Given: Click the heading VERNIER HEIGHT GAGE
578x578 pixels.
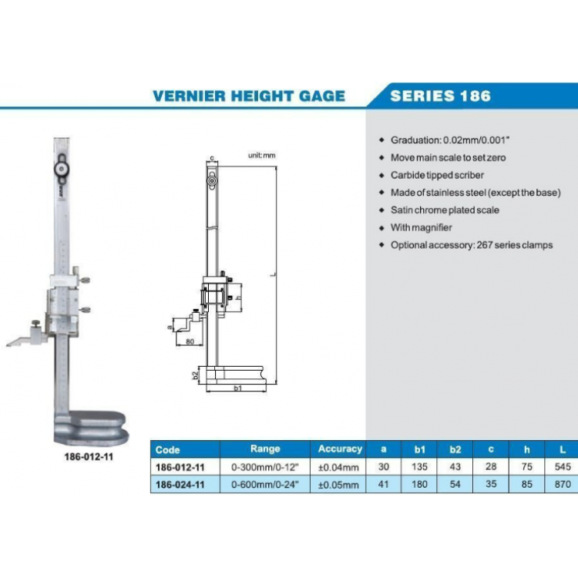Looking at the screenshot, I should click(x=248, y=96).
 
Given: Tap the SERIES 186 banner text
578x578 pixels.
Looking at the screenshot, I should click(x=440, y=96).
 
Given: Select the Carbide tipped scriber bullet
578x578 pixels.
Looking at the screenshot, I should click(x=437, y=175).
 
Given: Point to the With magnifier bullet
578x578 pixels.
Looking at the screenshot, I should click(x=421, y=227).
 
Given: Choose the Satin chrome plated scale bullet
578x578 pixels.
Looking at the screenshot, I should click(x=445, y=210).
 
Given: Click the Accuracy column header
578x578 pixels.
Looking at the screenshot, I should click(x=339, y=449).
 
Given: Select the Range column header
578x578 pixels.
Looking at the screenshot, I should click(x=265, y=449).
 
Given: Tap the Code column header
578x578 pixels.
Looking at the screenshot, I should click(x=167, y=449).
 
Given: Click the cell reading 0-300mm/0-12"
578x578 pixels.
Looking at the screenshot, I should click(x=265, y=467).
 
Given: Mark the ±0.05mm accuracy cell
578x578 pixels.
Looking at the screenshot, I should click(x=339, y=484).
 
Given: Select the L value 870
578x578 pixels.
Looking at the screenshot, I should click(x=562, y=484).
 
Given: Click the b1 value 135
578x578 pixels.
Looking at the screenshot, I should click(x=420, y=467).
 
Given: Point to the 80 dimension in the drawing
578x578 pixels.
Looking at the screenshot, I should click(x=190, y=341).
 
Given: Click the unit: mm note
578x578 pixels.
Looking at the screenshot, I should click(x=260, y=155).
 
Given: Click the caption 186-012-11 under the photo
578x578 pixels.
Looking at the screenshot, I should click(x=89, y=456).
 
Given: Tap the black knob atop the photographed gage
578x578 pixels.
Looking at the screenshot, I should click(x=59, y=169).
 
